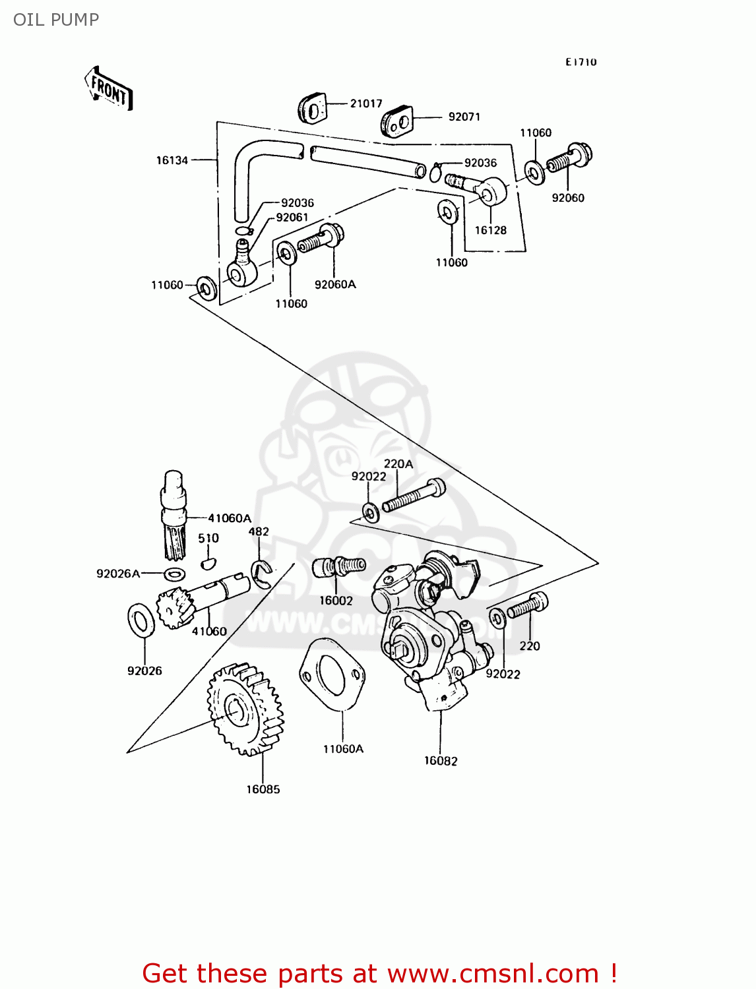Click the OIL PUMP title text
click(56, 20)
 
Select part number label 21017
click(365, 104)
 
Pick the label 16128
click(491, 230)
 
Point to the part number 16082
click(441, 761)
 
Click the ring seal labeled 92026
click(141, 620)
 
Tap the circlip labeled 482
click(262, 574)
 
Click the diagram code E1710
click(581, 62)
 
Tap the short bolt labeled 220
click(528, 605)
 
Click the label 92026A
click(118, 574)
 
